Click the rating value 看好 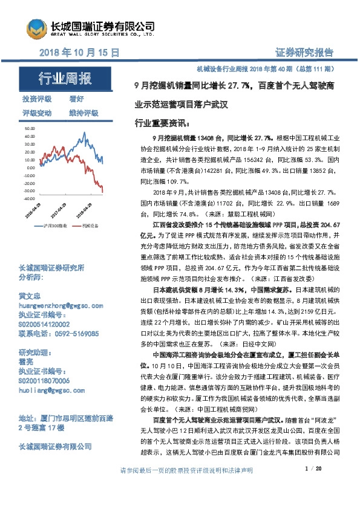coord(77,99)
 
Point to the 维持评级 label coord(83,113)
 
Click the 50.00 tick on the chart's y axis coord(29,129)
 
